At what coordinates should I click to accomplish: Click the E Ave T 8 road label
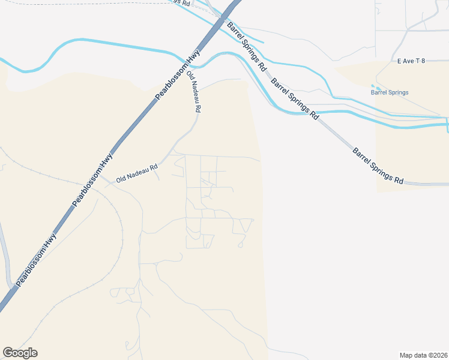411,61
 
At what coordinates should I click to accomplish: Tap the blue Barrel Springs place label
390,92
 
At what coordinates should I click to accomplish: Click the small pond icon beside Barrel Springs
375,86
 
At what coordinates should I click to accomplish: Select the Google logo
20,353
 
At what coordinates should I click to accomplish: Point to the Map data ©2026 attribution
423,355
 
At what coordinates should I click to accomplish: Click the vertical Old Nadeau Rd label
193,92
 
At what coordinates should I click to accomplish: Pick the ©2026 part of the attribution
436,355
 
